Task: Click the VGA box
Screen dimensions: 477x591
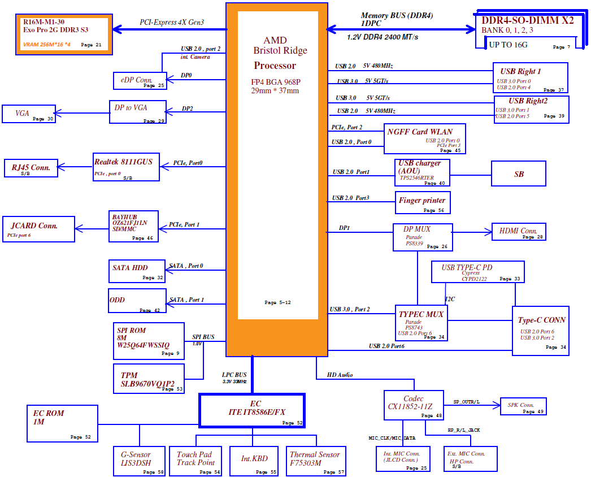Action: [x=29, y=114]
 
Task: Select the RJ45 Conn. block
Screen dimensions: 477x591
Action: [x=31, y=168]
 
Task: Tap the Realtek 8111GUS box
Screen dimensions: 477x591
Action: [x=126, y=167]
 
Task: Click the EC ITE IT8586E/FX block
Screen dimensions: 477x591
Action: [x=252, y=410]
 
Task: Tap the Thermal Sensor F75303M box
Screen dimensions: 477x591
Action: [x=315, y=461]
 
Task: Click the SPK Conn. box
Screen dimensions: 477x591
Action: [x=523, y=406]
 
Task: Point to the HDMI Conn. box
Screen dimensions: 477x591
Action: [x=518, y=232]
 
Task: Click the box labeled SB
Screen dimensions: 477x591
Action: [x=518, y=174]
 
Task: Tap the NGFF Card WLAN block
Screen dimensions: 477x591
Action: [x=425, y=138]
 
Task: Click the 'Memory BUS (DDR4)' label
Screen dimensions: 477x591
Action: [x=397, y=15]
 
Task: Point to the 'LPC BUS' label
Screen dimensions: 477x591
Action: [x=234, y=374]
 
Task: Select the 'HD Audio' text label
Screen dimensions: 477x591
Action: [x=340, y=374]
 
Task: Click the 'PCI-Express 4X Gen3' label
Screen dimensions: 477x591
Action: [x=172, y=23]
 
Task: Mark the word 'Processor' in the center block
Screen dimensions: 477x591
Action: [x=275, y=66]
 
